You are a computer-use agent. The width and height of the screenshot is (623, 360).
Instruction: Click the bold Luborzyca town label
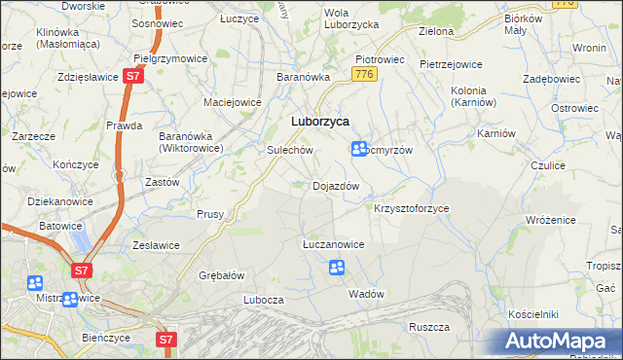pyautogui.click(x=320, y=121)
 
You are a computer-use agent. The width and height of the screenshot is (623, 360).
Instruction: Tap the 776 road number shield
pyautogui.click(x=365, y=74)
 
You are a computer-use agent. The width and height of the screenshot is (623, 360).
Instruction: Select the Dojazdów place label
pyautogui.click(x=336, y=186)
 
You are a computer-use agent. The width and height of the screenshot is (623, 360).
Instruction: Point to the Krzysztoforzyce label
pyautogui.click(x=411, y=208)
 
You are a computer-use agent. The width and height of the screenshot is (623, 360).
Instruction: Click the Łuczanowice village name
pyautogui.click(x=333, y=244)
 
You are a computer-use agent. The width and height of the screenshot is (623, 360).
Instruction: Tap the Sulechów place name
pyautogui.click(x=289, y=151)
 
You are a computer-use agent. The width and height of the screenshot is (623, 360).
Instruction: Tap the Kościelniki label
pyautogui.click(x=532, y=314)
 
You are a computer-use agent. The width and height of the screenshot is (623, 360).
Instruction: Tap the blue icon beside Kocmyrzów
pyautogui.click(x=359, y=149)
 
